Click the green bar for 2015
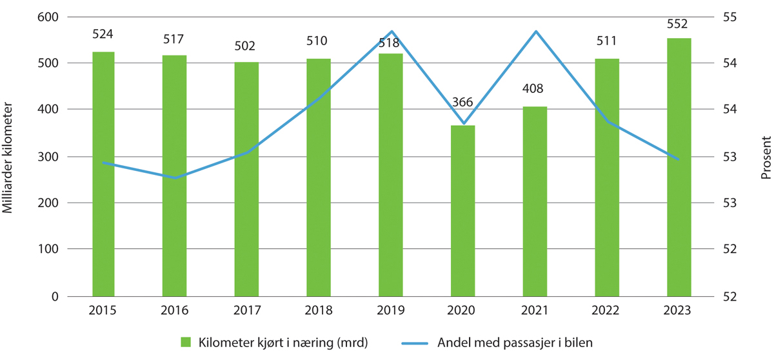point(103,174)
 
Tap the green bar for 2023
point(679,167)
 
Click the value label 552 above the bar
point(679,25)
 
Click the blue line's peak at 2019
point(391,31)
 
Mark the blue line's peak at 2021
point(535,31)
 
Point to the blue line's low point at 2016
point(175,178)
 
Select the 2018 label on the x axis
point(319,311)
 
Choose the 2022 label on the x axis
point(607,311)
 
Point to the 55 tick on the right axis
point(723,17)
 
